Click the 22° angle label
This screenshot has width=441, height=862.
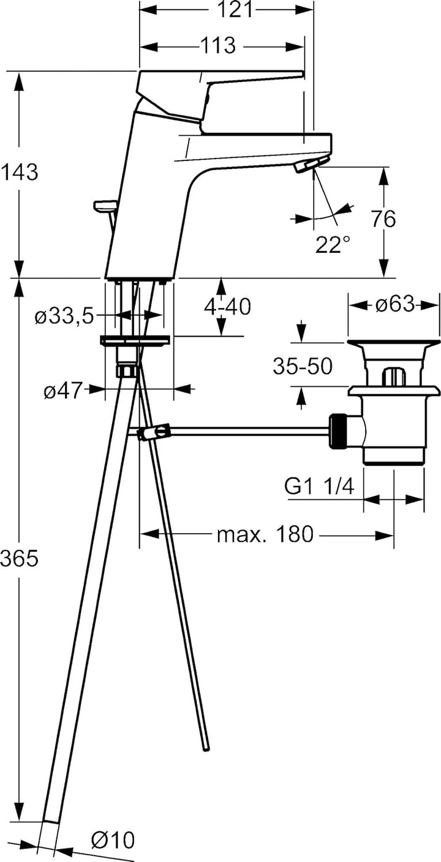click(x=333, y=245)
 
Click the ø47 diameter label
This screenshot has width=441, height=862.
click(x=62, y=391)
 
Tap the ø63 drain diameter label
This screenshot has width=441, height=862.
click(x=395, y=304)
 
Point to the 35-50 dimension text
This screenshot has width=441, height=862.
click(x=302, y=367)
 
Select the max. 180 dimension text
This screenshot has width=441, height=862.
click(x=265, y=534)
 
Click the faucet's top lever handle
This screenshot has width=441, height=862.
click(x=221, y=77)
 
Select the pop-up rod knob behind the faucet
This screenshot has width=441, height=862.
click(x=104, y=206)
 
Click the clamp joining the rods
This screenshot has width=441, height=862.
click(x=153, y=433)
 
